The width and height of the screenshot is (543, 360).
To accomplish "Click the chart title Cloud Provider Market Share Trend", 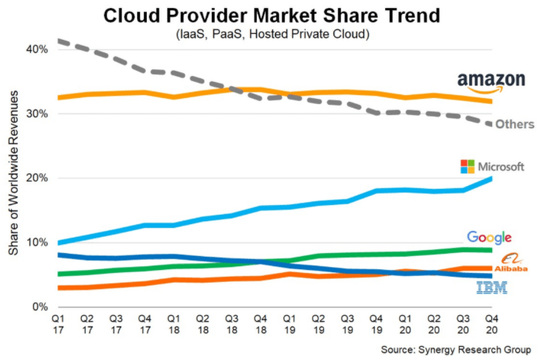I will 271,15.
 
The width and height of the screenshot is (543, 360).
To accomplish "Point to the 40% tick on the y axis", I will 38,49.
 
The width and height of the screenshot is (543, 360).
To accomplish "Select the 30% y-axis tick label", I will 38,114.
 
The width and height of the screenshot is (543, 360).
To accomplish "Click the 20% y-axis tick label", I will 38,178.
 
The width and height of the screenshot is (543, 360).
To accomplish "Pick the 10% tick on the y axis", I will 38,242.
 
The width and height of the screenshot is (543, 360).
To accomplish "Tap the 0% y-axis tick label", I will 41,306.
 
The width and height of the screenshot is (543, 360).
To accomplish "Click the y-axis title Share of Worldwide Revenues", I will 14,177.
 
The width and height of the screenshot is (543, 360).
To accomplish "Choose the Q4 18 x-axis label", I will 260,325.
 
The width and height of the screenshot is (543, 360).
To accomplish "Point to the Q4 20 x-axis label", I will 491,325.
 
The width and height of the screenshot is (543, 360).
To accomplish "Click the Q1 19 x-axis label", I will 289,325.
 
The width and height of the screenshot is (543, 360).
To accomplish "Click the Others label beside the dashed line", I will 514,124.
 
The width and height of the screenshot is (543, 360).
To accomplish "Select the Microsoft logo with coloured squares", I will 492,166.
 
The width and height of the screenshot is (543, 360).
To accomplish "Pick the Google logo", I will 489,238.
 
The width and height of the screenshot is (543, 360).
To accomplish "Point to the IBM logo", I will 491,288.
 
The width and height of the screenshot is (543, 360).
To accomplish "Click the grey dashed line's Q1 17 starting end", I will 59,41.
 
